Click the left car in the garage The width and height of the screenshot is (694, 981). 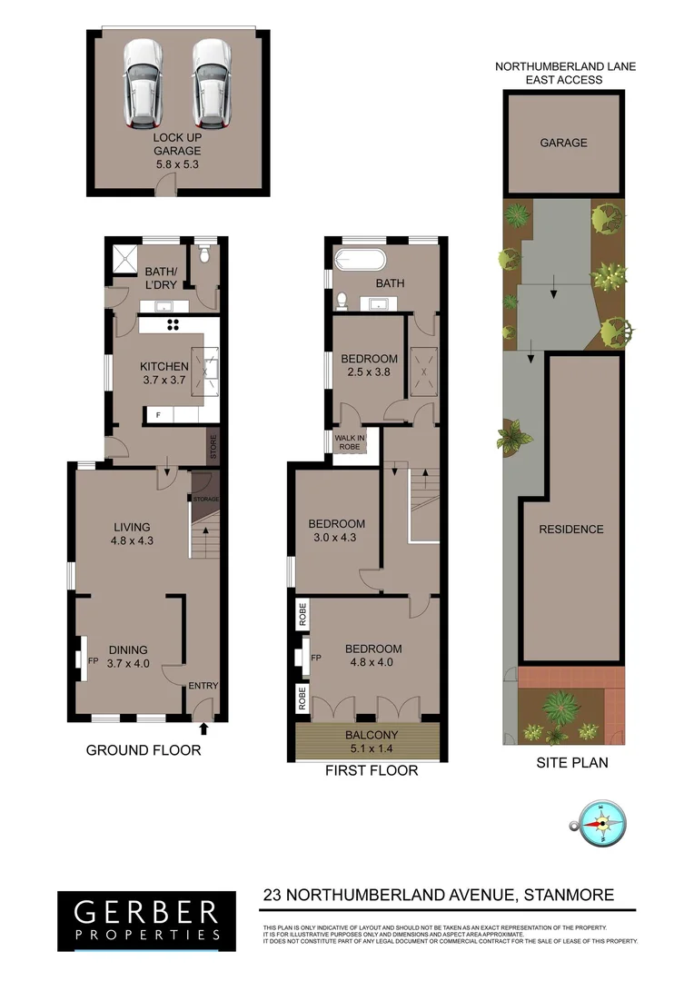[x=140, y=83]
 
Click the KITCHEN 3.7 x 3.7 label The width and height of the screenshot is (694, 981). [x=164, y=373]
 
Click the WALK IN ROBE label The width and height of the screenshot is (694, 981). [x=348, y=442]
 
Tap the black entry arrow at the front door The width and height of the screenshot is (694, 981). [x=203, y=727]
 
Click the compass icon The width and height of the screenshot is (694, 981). [x=600, y=824]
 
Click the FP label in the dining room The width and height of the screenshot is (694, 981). [x=93, y=660]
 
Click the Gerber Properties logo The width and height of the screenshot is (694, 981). [x=146, y=919]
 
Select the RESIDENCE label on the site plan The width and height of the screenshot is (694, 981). [x=570, y=530]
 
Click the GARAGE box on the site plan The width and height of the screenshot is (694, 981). [x=563, y=143]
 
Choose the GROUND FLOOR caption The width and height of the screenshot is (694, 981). [x=144, y=750]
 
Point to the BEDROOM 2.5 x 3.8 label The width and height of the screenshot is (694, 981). [x=369, y=365]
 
